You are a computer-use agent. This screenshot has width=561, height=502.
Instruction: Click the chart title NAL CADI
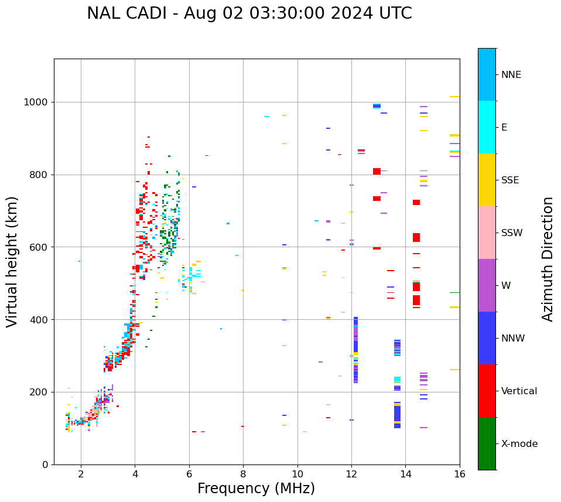click(249, 13)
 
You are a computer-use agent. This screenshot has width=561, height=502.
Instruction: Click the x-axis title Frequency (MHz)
click(256, 489)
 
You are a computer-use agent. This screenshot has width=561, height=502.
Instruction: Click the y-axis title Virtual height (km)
click(12, 261)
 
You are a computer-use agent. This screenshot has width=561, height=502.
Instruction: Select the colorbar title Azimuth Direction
click(548, 258)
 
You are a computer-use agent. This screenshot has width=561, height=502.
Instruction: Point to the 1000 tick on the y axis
click(37, 102)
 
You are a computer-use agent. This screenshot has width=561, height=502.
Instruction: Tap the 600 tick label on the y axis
click(40, 247)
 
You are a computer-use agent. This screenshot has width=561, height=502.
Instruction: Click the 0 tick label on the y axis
click(46, 465)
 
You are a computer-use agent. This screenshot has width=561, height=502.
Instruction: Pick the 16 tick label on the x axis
click(460, 474)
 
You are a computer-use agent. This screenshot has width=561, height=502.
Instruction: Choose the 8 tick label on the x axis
click(243, 474)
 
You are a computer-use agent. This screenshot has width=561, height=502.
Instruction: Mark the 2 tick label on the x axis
click(81, 474)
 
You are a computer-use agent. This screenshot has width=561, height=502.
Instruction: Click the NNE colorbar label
click(511, 75)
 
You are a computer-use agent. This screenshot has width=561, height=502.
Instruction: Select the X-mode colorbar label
click(519, 444)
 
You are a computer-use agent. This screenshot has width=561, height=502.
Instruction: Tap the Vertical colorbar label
click(519, 391)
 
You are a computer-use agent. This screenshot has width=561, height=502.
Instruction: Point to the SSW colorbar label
click(512, 233)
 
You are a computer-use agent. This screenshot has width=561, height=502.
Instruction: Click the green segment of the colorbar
click(487, 443)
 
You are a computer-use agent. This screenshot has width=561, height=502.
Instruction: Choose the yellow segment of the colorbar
click(487, 180)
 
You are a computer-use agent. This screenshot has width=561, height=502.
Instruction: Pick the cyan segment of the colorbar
click(487, 127)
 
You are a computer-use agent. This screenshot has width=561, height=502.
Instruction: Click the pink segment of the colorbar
click(487, 233)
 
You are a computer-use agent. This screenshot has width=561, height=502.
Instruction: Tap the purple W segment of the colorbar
click(487, 285)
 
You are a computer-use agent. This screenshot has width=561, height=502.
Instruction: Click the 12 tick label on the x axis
click(351, 474)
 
